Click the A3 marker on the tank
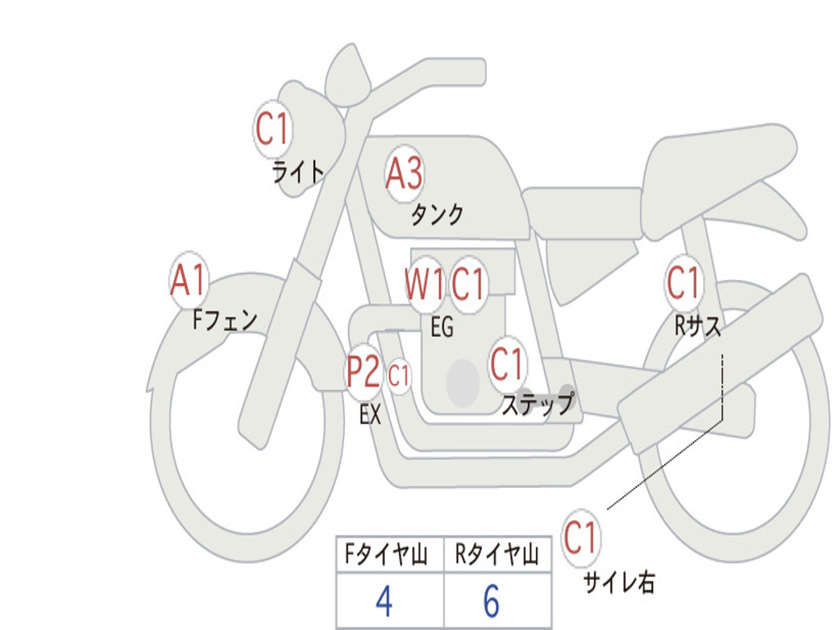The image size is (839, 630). point(404,174)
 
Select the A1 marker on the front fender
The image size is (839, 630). point(188,281)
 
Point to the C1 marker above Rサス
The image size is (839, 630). point(683,284)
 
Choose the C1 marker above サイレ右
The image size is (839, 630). point(581,539)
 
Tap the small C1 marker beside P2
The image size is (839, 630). point(399,377)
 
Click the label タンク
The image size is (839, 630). point(437,215)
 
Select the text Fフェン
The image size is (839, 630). point(224,320)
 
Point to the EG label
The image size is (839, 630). point(442,327)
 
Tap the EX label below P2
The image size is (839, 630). point(370,415)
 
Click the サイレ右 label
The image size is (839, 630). point(619,582)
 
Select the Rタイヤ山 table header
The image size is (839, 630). point(497,555)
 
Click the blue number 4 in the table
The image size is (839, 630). point(383,602)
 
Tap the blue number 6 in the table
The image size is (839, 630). point(491,602)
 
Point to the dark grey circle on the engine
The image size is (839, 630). point(463,382)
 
